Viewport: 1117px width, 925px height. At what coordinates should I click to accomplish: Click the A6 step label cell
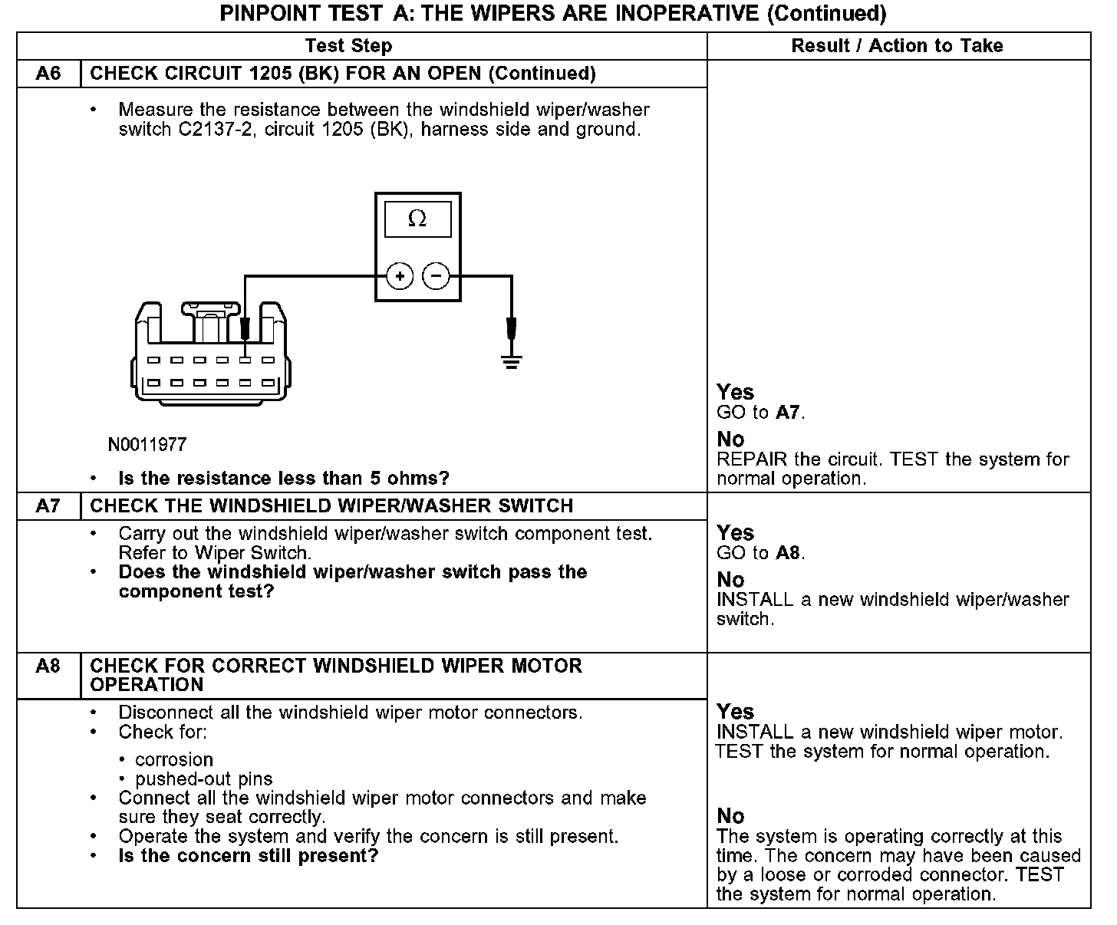point(48,74)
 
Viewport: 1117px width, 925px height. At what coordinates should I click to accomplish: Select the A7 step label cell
point(48,506)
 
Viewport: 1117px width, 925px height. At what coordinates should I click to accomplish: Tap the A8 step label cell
point(48,666)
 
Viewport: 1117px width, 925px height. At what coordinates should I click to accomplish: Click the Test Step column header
point(348,46)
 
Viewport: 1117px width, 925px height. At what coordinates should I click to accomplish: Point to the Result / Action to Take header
point(897,46)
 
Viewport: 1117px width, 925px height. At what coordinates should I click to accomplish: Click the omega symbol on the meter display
point(417,219)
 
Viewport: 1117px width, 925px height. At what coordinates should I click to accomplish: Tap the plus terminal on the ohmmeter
point(400,275)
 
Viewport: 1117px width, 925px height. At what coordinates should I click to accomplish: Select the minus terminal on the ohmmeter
point(437,275)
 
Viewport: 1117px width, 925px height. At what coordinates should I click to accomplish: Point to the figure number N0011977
point(147,445)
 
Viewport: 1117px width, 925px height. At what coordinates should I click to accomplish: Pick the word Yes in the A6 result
point(735,393)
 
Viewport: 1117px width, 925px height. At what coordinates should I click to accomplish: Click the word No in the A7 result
point(730,580)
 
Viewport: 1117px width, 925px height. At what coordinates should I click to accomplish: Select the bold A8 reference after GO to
point(789,553)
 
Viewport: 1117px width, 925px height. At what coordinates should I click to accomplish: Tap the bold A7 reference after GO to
point(789,413)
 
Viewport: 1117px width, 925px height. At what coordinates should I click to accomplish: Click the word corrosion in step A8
point(174,759)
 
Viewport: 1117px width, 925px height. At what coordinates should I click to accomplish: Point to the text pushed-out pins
point(203,779)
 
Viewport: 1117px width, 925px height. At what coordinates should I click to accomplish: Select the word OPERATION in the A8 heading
point(147,685)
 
